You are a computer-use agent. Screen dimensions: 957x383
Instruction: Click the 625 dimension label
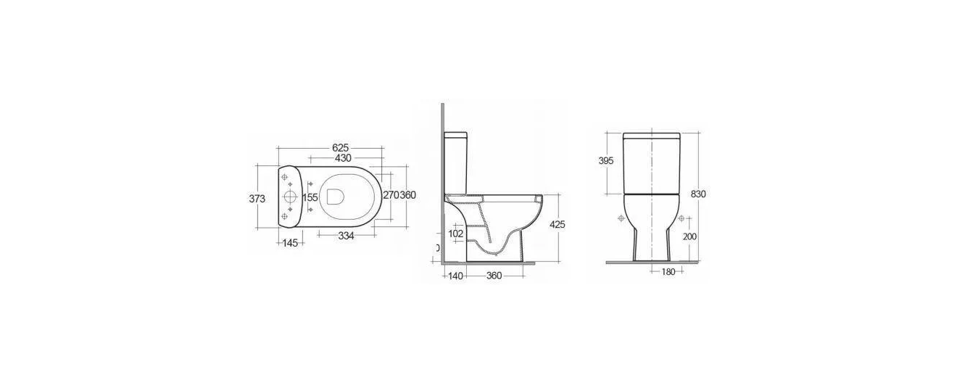click(x=341, y=148)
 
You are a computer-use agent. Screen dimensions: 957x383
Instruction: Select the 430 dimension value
click(x=343, y=158)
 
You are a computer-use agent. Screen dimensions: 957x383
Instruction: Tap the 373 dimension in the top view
click(x=257, y=199)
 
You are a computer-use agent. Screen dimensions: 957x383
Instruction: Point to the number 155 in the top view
click(x=310, y=197)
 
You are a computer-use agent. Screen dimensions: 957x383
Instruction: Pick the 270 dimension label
click(x=391, y=195)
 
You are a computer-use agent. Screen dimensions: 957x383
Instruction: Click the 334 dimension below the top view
click(x=346, y=236)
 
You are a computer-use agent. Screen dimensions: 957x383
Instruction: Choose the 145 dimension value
click(x=290, y=243)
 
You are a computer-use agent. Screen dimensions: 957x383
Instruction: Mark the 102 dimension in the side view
click(x=456, y=234)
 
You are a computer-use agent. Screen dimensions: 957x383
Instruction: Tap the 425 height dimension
click(x=557, y=224)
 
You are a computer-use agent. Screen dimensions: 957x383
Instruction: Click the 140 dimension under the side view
click(x=455, y=276)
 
